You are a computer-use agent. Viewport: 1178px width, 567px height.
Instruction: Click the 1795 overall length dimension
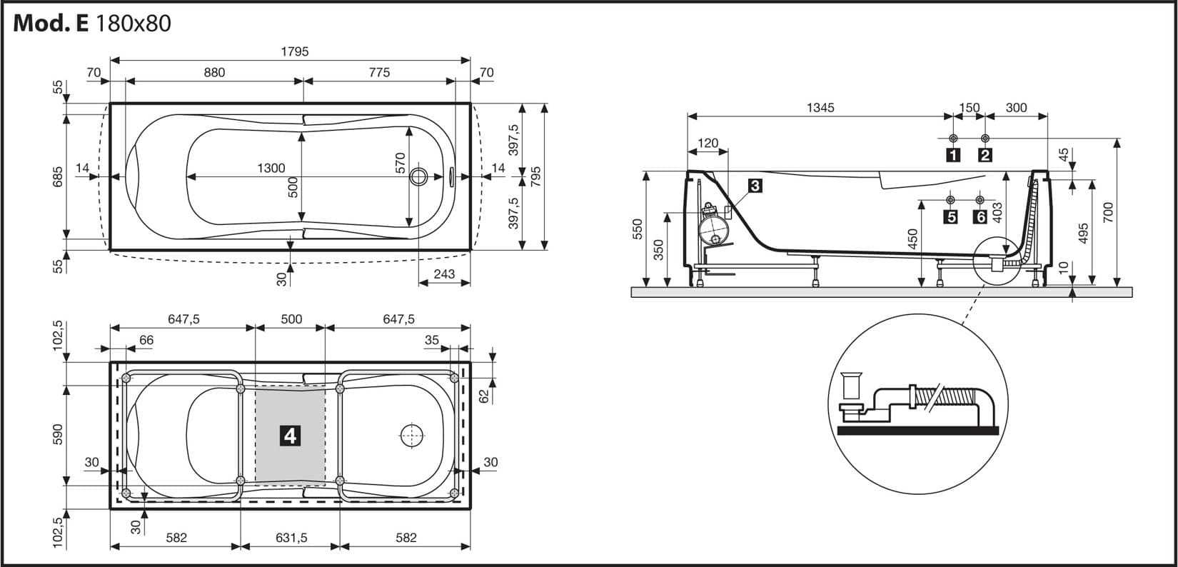click(x=294, y=52)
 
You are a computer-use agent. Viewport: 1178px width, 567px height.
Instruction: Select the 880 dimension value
click(x=214, y=72)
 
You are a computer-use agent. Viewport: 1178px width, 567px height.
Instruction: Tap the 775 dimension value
click(x=379, y=72)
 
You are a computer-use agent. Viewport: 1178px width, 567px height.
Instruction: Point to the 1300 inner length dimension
click(x=271, y=169)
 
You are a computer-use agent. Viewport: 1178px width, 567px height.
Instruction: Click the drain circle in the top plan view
click(x=420, y=176)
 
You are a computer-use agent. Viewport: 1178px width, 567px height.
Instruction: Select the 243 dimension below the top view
click(x=444, y=274)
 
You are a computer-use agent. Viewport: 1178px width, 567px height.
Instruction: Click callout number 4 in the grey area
click(x=290, y=435)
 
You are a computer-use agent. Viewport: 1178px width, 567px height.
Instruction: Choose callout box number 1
click(x=952, y=154)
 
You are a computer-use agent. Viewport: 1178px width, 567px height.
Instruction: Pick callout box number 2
click(x=985, y=154)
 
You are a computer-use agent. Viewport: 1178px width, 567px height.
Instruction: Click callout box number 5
click(x=950, y=216)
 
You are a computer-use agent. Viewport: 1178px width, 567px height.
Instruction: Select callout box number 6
click(x=980, y=216)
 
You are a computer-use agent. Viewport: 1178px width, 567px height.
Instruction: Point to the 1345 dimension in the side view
click(x=820, y=108)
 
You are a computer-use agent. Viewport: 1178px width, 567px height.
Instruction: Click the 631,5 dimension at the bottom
click(x=291, y=538)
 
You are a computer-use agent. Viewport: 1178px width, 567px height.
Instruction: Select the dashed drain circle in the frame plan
click(x=412, y=435)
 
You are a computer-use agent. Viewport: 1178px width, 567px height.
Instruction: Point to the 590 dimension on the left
click(x=59, y=434)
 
